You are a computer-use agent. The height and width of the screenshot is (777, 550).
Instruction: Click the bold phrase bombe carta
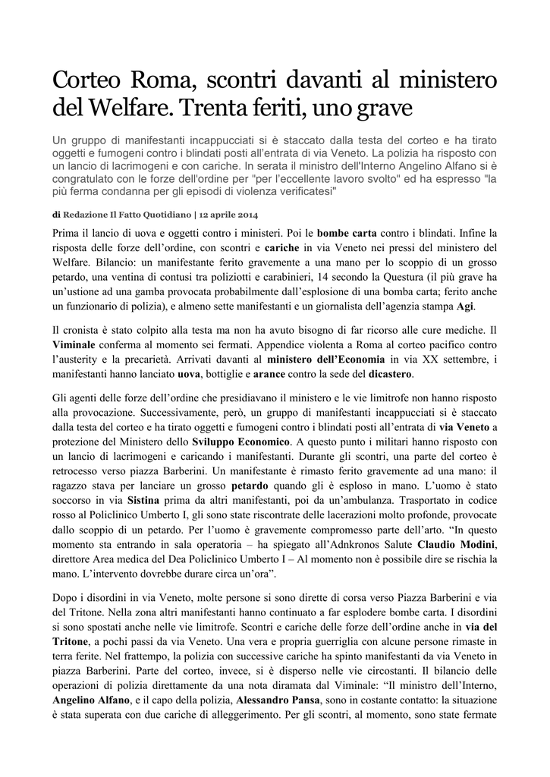(x=347, y=233)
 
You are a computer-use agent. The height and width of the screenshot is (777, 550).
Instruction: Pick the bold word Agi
(x=465, y=306)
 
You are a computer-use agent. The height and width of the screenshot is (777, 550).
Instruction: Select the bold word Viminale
(x=78, y=348)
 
